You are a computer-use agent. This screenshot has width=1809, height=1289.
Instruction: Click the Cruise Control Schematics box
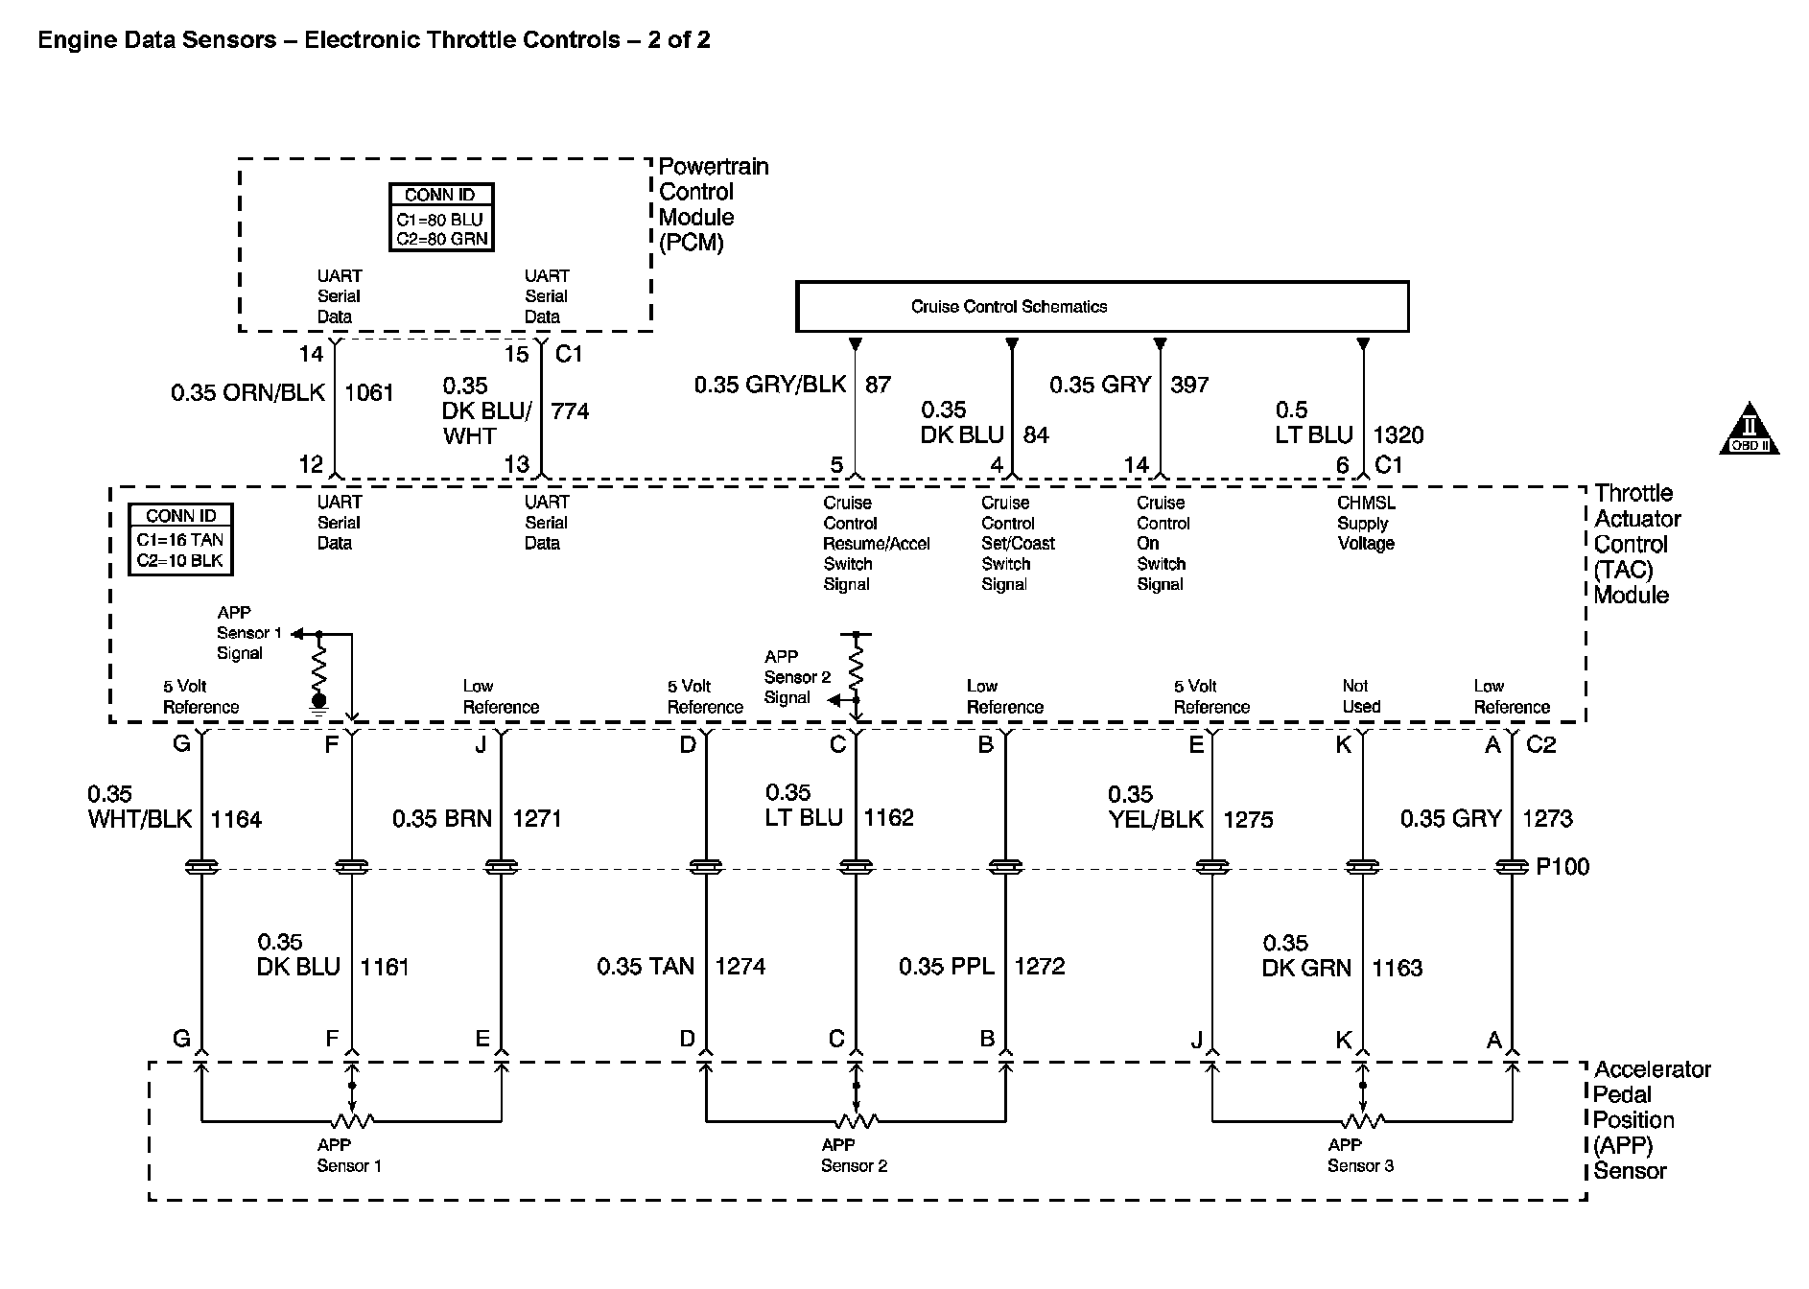click(1102, 307)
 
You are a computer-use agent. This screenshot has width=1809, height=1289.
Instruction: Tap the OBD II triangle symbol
click(1749, 430)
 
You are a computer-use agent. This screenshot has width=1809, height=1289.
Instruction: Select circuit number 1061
click(369, 392)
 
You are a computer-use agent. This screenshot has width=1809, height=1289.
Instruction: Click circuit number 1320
click(1398, 435)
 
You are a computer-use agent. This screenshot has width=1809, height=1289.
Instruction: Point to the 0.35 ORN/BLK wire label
click(247, 392)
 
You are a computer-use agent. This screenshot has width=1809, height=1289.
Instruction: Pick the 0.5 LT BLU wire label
click(1313, 423)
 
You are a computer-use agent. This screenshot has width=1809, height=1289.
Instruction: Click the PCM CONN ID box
click(440, 218)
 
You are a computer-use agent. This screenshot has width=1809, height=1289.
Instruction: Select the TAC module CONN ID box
click(180, 540)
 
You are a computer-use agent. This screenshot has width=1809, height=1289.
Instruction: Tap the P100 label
click(1562, 867)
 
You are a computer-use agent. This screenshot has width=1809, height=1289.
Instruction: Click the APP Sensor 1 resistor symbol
click(352, 1120)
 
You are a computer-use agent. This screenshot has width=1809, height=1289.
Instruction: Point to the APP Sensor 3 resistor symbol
click(1362, 1120)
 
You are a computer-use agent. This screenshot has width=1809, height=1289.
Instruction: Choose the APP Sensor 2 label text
click(854, 1156)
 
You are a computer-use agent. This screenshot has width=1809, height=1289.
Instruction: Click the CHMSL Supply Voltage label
click(1366, 523)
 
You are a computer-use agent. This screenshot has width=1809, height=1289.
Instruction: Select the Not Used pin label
click(1360, 696)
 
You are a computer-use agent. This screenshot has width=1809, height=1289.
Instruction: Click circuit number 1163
click(1397, 968)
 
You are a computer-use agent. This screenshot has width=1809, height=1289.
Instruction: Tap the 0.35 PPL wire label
click(946, 967)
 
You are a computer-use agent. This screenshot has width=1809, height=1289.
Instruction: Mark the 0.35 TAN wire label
click(645, 967)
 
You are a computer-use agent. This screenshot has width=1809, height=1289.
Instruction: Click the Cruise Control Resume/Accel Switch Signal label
click(876, 543)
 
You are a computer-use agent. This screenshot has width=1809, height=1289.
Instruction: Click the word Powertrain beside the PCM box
click(714, 167)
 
